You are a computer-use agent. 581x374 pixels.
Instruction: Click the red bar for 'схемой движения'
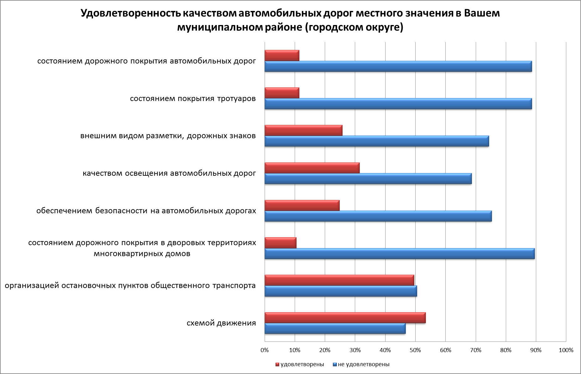[x=345, y=318]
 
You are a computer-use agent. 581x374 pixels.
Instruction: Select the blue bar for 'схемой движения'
[x=335, y=329]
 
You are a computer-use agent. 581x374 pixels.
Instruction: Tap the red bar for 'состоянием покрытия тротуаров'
[x=282, y=93]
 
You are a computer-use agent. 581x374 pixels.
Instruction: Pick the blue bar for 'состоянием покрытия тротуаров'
[x=398, y=104]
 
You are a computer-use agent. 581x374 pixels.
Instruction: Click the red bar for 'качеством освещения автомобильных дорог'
[x=312, y=168]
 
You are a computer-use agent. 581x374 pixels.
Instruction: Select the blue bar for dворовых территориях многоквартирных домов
[x=399, y=254]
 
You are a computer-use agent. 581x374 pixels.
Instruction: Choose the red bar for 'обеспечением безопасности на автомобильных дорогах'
[x=302, y=205]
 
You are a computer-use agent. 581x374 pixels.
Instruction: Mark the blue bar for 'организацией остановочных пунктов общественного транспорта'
[x=340, y=291]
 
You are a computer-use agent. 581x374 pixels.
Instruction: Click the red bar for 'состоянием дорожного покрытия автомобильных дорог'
[x=282, y=55]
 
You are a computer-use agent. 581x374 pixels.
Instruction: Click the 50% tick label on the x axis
[x=415, y=350]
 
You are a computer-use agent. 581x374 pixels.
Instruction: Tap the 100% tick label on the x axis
[x=566, y=350]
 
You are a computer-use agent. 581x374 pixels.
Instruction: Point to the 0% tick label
[x=265, y=350]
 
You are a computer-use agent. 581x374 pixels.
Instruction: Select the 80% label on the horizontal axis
[x=506, y=350]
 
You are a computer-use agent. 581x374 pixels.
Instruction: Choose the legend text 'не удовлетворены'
[x=364, y=364]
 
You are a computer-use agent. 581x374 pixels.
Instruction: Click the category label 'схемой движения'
[x=221, y=323]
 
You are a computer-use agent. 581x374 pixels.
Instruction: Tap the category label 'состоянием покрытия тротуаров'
[x=193, y=99]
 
